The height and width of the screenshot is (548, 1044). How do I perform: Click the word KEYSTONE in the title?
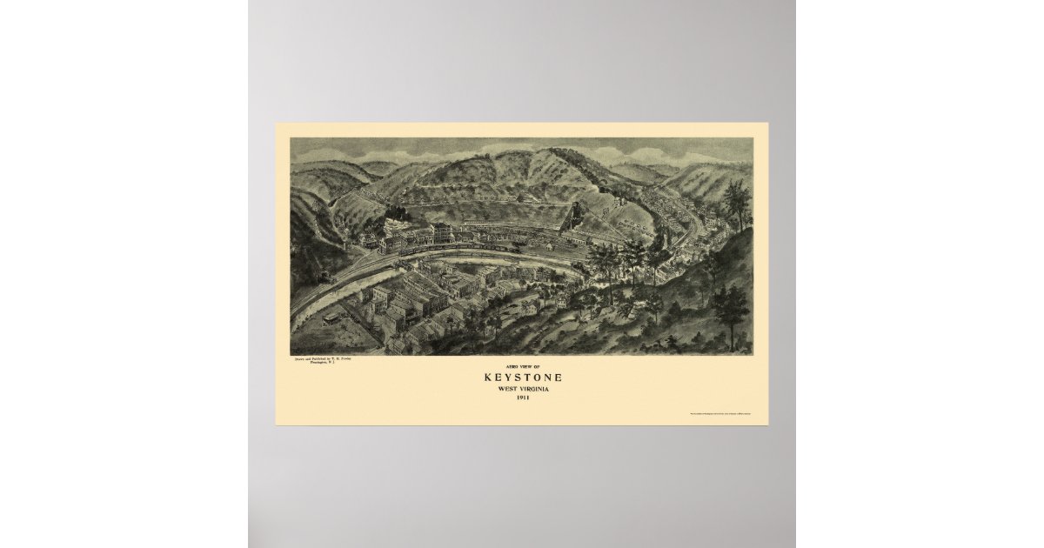click(522, 378)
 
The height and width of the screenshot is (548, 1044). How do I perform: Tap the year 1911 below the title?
click(522, 398)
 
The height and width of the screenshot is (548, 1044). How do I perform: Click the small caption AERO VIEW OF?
click(522, 367)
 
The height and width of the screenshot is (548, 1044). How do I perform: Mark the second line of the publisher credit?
click(314, 362)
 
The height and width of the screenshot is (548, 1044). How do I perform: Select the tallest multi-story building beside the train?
click(441, 233)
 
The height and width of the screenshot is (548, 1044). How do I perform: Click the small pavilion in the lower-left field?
click(331, 317)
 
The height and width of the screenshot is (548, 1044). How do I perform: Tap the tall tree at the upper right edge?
click(736, 204)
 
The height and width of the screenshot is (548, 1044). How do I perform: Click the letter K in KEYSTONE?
click(487, 378)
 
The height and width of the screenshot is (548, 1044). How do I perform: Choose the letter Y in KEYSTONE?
click(507, 378)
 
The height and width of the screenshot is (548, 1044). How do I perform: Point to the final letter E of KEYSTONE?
click(558, 378)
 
